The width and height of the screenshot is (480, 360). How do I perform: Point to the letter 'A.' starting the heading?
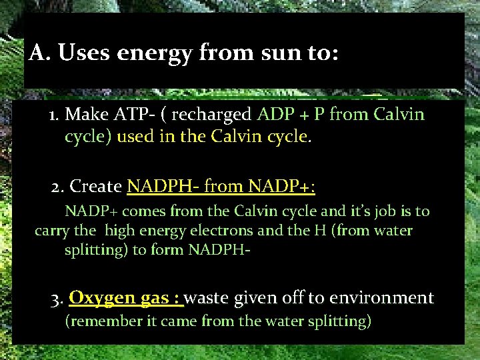[39, 53]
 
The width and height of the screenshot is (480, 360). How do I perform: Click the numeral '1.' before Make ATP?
[55, 115]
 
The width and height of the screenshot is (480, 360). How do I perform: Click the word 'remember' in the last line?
[103, 321]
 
